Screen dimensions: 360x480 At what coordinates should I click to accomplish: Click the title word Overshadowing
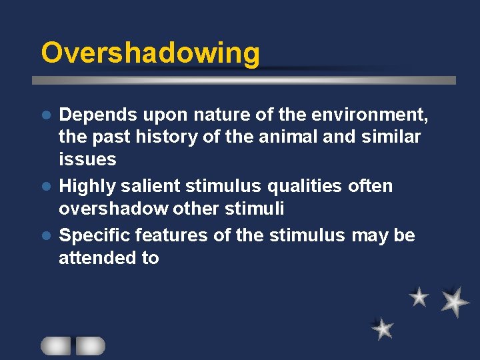[150, 53]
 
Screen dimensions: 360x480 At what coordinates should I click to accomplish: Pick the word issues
[87, 159]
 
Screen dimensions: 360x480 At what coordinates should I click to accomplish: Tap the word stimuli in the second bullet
[257, 209]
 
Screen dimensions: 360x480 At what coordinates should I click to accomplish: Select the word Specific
[95, 235]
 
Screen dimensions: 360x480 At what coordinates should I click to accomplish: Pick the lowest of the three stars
[383, 328]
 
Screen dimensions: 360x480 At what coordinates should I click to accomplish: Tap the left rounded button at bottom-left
[56, 345]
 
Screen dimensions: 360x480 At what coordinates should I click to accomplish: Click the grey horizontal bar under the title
[244, 81]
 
